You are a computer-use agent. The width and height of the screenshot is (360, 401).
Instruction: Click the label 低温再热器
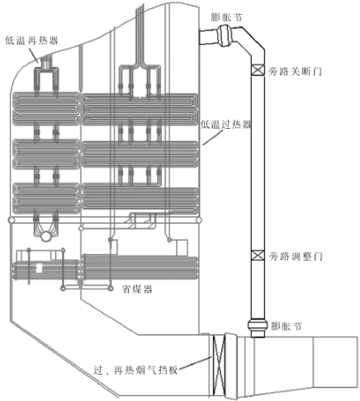click(32, 40)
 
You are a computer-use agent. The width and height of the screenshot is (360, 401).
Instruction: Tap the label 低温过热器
click(226, 125)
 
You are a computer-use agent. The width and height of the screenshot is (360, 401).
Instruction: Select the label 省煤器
click(137, 289)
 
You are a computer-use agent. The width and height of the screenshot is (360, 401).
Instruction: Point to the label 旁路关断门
click(295, 72)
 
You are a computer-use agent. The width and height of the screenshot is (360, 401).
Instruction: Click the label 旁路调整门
click(296, 257)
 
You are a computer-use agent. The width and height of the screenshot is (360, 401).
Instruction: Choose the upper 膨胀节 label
click(226, 17)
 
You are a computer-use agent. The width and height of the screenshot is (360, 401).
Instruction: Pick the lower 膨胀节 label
click(287, 326)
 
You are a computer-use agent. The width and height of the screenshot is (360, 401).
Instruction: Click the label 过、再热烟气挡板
click(135, 370)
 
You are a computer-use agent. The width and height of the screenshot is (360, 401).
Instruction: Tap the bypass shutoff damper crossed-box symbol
click(258, 70)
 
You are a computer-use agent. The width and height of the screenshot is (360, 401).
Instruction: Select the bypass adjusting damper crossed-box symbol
click(258, 256)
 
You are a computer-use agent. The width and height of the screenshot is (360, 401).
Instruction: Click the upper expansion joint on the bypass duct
click(226, 35)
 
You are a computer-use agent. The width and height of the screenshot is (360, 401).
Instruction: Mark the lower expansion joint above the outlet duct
click(258, 328)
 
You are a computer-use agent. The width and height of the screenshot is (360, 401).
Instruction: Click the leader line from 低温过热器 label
click(213, 137)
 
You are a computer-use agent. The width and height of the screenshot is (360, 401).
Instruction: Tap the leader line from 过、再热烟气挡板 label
click(194, 362)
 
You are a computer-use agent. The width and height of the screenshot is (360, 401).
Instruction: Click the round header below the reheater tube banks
click(46, 236)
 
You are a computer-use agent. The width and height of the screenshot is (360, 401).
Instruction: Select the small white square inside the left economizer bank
click(39, 268)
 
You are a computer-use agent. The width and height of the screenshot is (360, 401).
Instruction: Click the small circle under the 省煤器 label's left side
click(111, 288)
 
